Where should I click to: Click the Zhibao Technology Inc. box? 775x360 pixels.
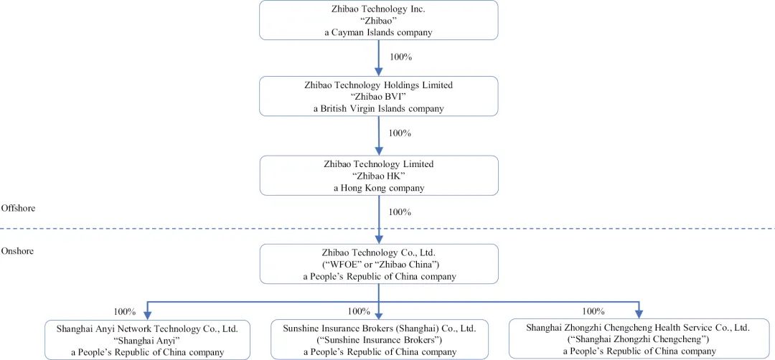point(379,20)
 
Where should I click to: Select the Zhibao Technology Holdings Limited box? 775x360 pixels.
point(379,96)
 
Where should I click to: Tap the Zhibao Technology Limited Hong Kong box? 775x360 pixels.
point(379,175)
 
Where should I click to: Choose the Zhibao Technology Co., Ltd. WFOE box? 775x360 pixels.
point(379,264)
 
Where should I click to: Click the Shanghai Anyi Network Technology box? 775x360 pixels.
point(147,339)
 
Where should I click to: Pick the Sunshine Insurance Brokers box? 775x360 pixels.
point(380,339)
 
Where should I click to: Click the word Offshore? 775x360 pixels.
point(18,208)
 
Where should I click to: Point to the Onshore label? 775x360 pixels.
point(17,251)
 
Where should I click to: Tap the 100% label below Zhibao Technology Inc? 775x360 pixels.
point(401,57)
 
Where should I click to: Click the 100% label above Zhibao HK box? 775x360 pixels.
point(400,133)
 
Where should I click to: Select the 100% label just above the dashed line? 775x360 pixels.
point(400,212)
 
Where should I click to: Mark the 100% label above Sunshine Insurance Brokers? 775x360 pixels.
point(359,311)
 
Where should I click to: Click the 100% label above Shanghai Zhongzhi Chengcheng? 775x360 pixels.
point(593,311)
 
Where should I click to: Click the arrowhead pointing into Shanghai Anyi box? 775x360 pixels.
point(147,314)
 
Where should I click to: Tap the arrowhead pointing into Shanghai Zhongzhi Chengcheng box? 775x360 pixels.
point(639,313)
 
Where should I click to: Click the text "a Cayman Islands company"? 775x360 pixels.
point(379,32)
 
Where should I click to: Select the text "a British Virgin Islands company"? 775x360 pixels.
point(379,109)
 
